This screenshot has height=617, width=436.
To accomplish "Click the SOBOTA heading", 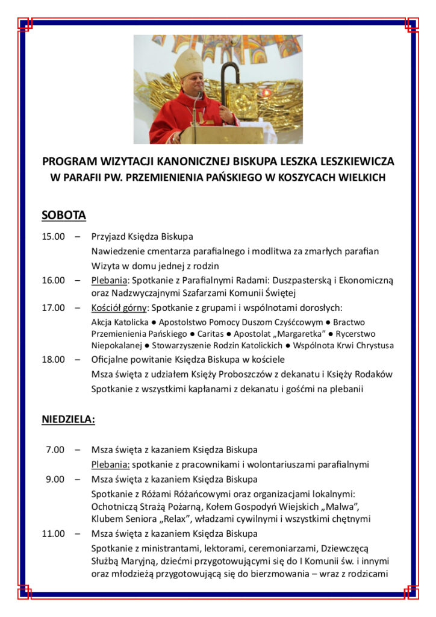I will point(64,215).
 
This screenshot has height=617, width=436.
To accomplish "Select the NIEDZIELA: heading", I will point(68,420).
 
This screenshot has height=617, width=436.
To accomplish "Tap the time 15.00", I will point(53,236).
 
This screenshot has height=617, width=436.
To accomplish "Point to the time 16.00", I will point(53,280).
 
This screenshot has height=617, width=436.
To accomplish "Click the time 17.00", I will point(53,308).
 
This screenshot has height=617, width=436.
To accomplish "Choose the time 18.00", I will point(53,360).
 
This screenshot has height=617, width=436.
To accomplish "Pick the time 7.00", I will point(55,449).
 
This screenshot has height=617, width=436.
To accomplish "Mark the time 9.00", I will point(55,479).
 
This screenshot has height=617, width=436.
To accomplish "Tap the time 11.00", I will point(53,533).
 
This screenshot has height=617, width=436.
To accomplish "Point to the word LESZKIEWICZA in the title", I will point(354,161).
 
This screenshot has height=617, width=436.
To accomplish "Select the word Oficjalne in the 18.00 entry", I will point(110,360).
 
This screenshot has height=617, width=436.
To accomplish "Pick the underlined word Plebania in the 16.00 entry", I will point(110,280).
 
